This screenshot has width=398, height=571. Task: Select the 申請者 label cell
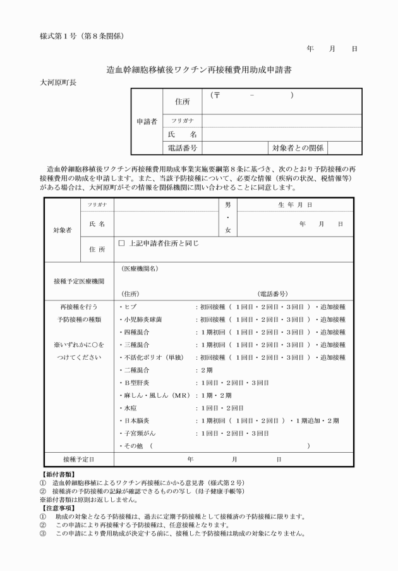[x=147, y=121]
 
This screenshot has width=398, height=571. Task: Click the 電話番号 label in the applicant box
[x=182, y=148]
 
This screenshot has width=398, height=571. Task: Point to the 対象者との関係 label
[x=298, y=148]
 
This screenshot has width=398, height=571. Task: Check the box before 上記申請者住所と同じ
[x=122, y=243]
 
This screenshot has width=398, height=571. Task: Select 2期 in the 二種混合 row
[x=207, y=370]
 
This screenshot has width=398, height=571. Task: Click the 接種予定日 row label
[x=79, y=458]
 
